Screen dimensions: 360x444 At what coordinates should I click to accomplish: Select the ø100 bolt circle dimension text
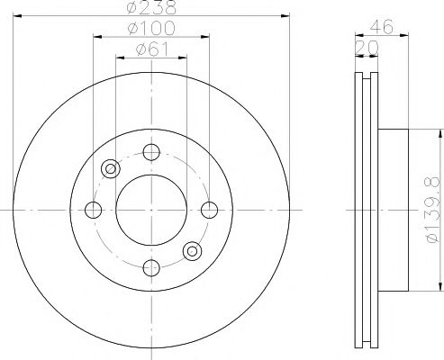coord(150,30)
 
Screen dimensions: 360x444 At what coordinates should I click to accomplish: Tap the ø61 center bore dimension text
coord(150,50)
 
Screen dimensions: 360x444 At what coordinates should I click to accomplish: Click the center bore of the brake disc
coord(150,209)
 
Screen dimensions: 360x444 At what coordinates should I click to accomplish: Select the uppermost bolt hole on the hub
coord(150,150)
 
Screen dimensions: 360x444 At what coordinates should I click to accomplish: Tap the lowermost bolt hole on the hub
coord(150,267)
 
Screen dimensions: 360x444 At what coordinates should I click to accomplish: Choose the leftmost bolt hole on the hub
coord(92,209)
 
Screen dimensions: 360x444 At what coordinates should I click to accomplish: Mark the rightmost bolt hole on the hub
coord(209,209)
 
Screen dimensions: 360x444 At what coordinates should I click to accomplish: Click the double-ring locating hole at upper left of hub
coord(111,167)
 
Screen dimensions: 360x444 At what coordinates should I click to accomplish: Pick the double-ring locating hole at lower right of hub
coord(191,250)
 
